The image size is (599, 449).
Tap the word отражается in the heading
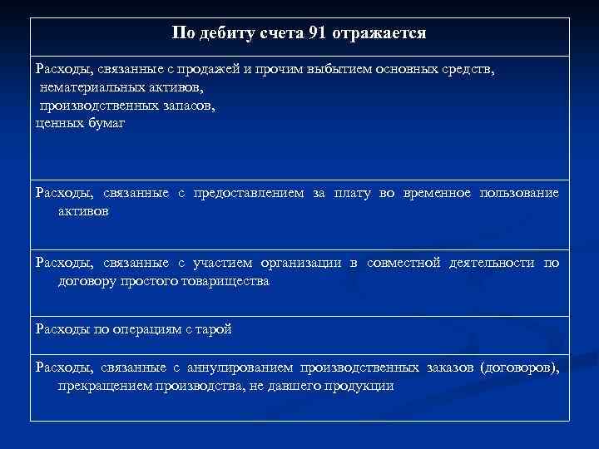pos(379,34)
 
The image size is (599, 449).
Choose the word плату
pos(353,194)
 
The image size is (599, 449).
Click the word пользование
pos(519,194)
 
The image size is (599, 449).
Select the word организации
pos(299,264)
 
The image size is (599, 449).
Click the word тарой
pos(214,328)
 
